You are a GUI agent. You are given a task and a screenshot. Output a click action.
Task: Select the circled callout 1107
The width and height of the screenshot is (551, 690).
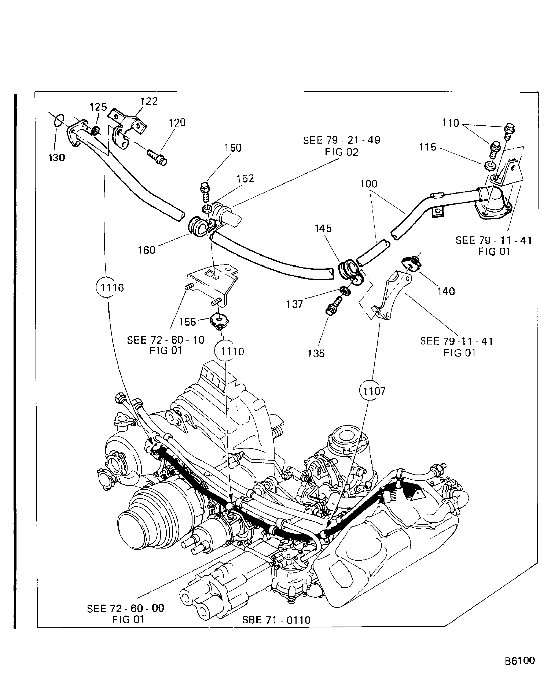tap(373, 391)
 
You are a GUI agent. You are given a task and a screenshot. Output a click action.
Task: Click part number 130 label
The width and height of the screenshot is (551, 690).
tap(57, 158)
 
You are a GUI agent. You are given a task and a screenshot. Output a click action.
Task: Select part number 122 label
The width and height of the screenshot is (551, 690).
tap(149, 101)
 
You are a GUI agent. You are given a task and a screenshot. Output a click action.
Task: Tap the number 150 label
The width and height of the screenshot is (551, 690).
tap(233, 148)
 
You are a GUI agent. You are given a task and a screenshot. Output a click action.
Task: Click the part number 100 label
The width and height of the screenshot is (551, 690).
tap(368, 184)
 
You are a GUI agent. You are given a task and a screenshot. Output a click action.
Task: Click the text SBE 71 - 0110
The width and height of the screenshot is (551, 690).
tap(276, 620)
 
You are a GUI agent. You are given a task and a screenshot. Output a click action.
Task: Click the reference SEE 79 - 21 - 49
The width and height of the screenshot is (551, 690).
tap(342, 140)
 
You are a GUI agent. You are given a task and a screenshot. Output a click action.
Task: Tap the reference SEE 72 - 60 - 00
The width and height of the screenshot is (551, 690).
tap(125, 608)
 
